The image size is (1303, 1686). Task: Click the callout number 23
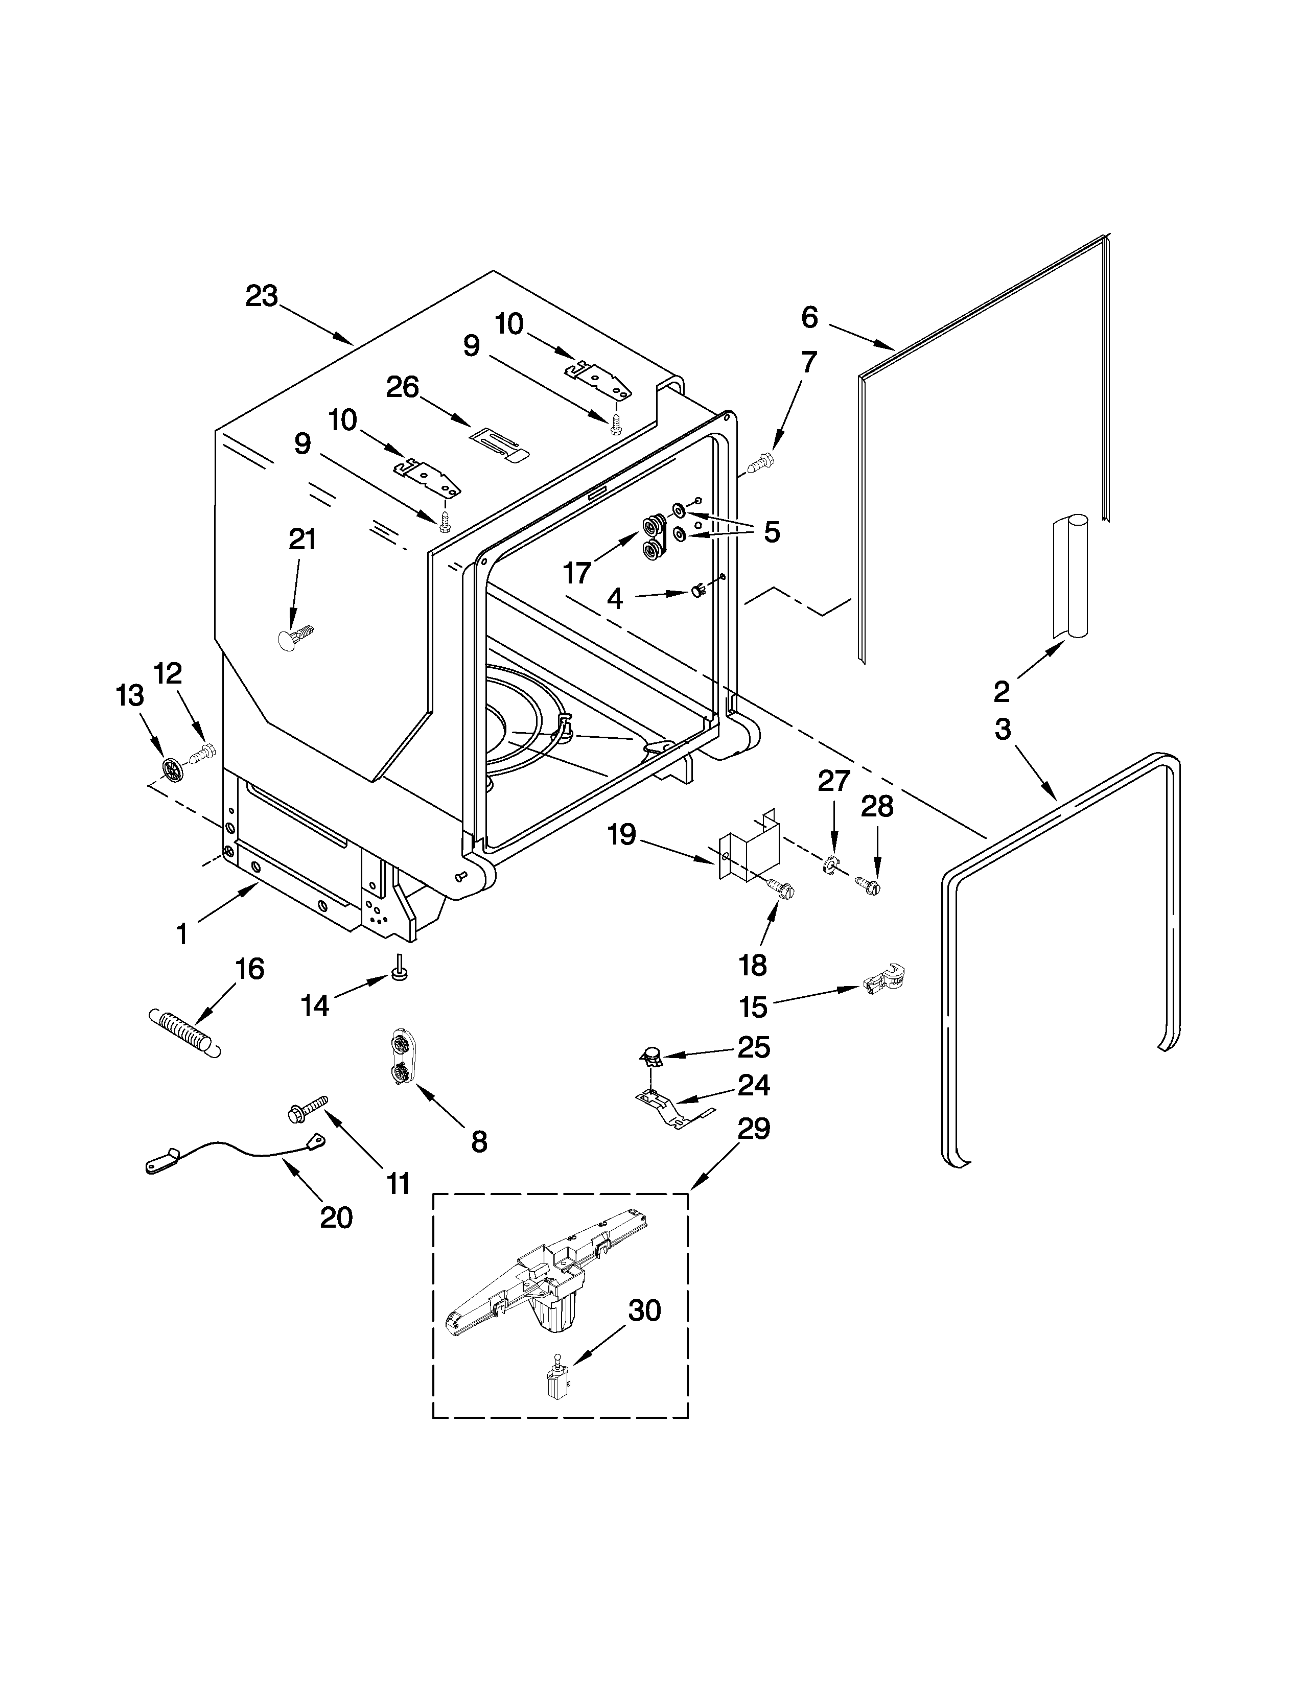click(261, 296)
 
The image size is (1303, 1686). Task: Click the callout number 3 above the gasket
click(1002, 730)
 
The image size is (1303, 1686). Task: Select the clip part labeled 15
click(884, 981)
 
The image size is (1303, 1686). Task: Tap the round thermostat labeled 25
click(653, 1055)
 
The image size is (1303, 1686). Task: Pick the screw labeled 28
click(868, 885)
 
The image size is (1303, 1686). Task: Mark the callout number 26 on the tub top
click(402, 388)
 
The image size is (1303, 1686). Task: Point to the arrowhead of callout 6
click(893, 349)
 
